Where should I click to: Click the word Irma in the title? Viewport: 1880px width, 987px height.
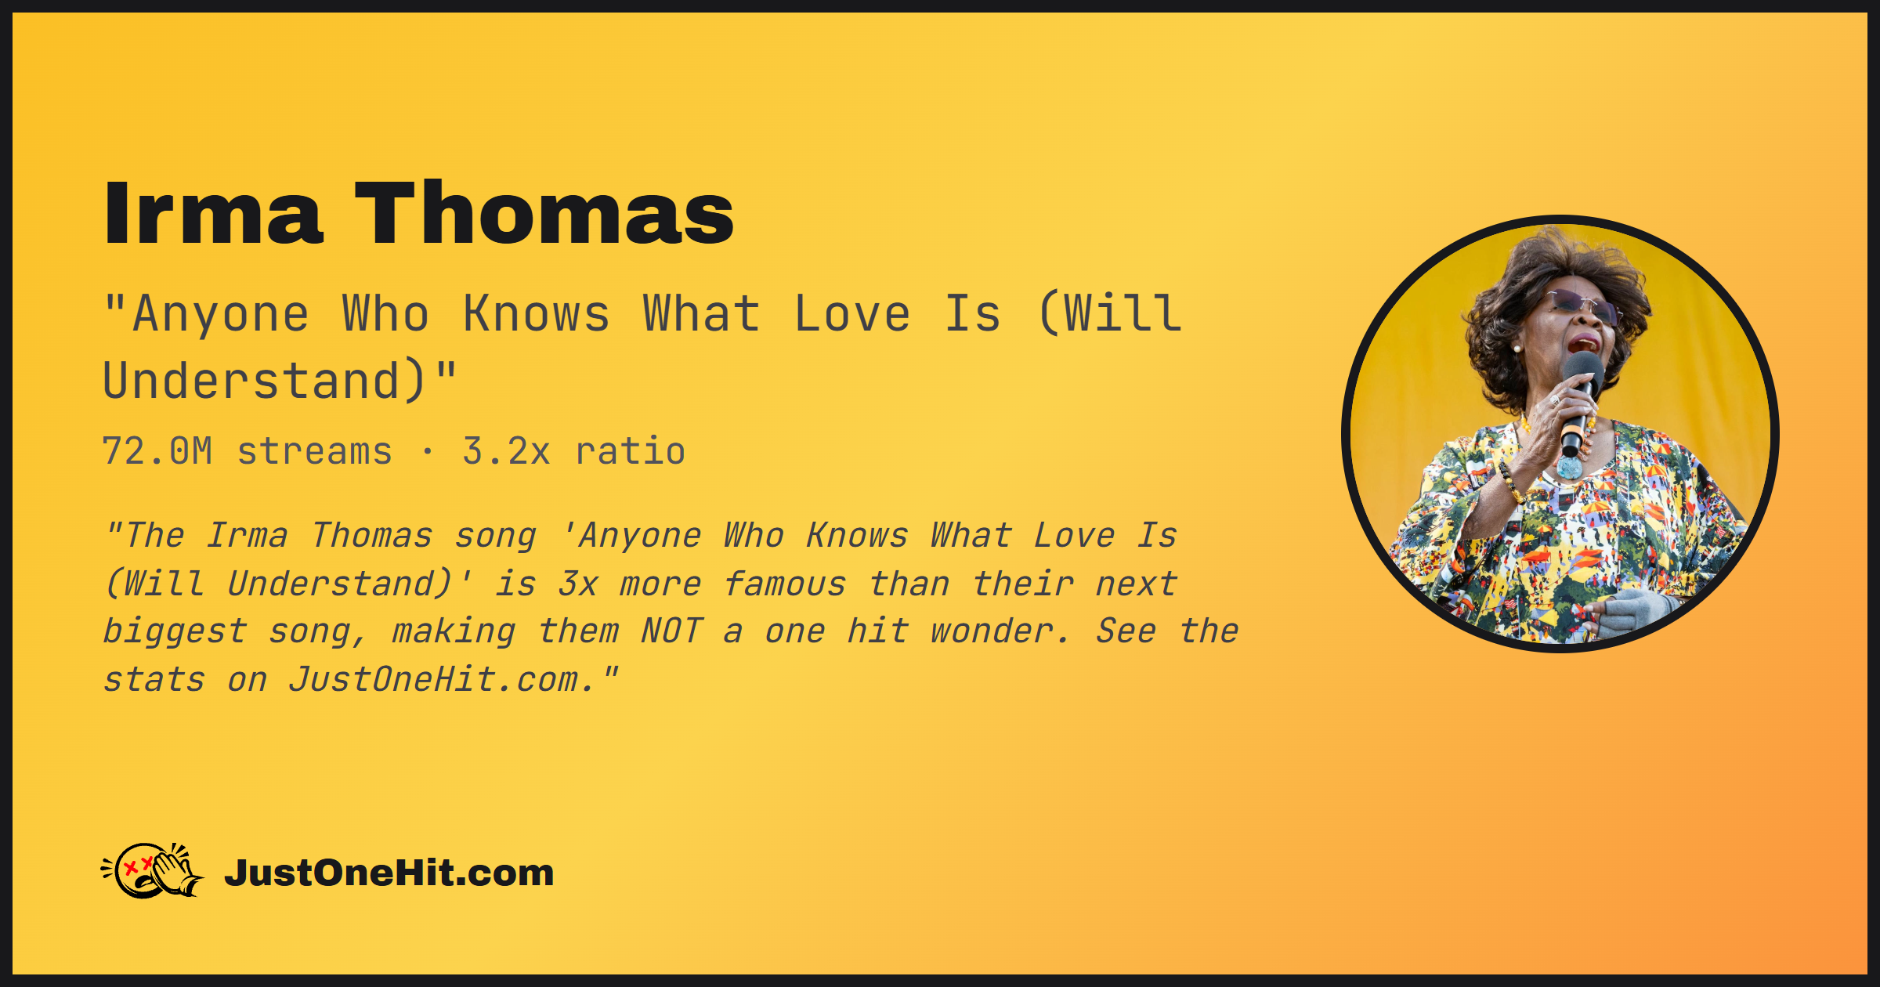(x=213, y=213)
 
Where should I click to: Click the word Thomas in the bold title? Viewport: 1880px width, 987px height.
(x=544, y=213)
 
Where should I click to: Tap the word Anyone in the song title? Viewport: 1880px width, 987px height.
(x=221, y=315)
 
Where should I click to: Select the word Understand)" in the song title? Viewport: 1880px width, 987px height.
(x=280, y=381)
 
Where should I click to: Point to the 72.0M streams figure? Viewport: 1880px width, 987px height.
(x=247, y=451)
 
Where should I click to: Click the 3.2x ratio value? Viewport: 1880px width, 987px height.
(x=573, y=451)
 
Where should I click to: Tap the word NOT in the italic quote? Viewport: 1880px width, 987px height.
(x=671, y=631)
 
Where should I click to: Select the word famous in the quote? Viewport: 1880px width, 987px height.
(x=784, y=584)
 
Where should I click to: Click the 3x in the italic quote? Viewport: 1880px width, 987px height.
(x=578, y=584)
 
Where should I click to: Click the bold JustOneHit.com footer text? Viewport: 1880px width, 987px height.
(x=389, y=873)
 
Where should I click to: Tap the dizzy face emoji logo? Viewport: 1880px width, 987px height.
(x=153, y=870)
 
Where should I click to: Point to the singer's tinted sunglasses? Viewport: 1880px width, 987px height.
(x=1582, y=305)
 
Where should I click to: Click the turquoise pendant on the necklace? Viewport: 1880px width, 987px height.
(x=1569, y=468)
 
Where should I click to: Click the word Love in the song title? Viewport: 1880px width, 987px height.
(x=852, y=315)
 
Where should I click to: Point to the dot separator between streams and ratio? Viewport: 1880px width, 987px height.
(x=427, y=452)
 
